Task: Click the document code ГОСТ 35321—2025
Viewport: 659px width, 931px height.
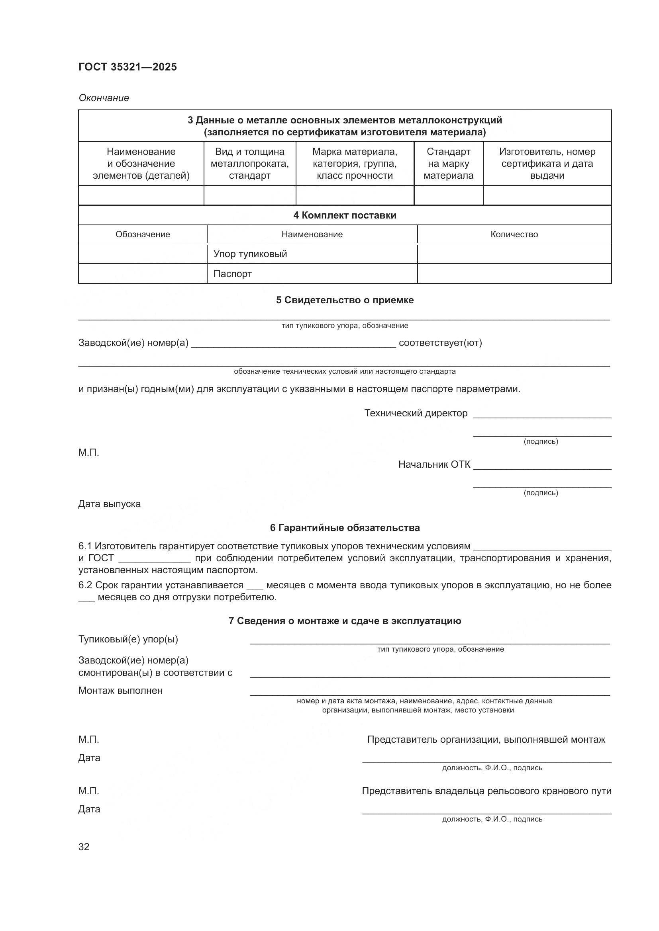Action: [x=127, y=67]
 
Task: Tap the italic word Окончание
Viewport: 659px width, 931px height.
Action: [x=104, y=98]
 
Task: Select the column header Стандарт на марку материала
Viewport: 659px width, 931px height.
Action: [x=448, y=164]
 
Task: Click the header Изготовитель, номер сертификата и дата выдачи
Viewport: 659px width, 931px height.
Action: [x=547, y=164]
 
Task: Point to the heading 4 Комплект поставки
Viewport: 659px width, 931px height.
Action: [x=345, y=215]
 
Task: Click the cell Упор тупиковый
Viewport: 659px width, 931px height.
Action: [x=250, y=254]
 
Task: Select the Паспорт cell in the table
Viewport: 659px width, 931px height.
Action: [x=233, y=274]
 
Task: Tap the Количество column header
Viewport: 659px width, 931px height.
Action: [x=514, y=234]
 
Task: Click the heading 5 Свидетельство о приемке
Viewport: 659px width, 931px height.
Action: [x=345, y=300]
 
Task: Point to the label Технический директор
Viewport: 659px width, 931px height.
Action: [x=416, y=413]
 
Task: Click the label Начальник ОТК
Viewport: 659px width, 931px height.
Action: [x=434, y=464]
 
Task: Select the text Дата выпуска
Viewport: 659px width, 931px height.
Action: [x=109, y=504]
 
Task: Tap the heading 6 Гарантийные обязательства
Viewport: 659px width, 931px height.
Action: [x=345, y=527]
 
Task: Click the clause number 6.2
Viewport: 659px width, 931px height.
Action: [x=85, y=585]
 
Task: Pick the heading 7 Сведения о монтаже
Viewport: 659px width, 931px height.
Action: [x=345, y=621]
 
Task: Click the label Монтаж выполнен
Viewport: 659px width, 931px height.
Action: [x=120, y=691]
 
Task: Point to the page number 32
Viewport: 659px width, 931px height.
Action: [x=84, y=847]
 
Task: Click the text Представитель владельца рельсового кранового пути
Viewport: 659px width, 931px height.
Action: [x=486, y=791]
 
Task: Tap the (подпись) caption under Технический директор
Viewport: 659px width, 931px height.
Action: [x=541, y=441]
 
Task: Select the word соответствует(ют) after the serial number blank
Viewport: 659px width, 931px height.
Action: [x=440, y=343]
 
